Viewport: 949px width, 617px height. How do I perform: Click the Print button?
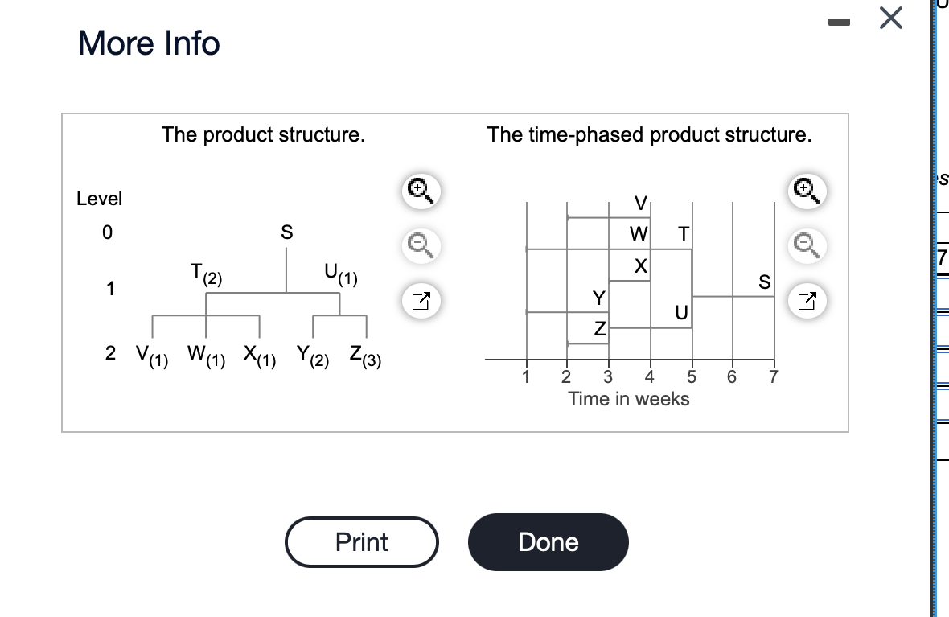coord(361,542)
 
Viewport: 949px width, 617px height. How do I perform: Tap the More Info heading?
coord(149,43)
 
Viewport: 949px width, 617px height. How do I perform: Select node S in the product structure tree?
coord(286,232)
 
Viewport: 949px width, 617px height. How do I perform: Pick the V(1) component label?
coord(150,355)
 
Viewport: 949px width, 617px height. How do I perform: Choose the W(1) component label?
coord(204,355)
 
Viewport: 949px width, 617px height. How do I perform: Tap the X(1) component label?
coord(259,355)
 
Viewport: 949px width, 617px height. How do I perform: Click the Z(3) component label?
coord(365,355)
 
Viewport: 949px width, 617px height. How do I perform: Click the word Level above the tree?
coord(100,198)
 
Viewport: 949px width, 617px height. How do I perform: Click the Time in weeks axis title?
coord(628,398)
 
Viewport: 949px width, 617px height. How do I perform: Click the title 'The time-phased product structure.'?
coord(649,134)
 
